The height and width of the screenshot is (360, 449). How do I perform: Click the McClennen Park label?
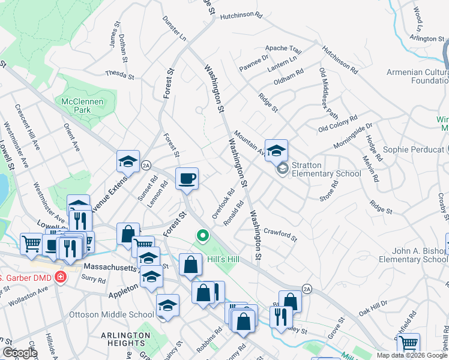click(83, 106)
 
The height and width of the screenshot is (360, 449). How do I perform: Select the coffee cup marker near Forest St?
click(187, 178)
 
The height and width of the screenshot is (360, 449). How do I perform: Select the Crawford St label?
click(280, 234)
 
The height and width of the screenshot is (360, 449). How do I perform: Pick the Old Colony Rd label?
click(338, 123)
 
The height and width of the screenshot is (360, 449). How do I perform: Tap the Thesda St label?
click(119, 74)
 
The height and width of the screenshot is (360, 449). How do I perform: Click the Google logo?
click(20, 352)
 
